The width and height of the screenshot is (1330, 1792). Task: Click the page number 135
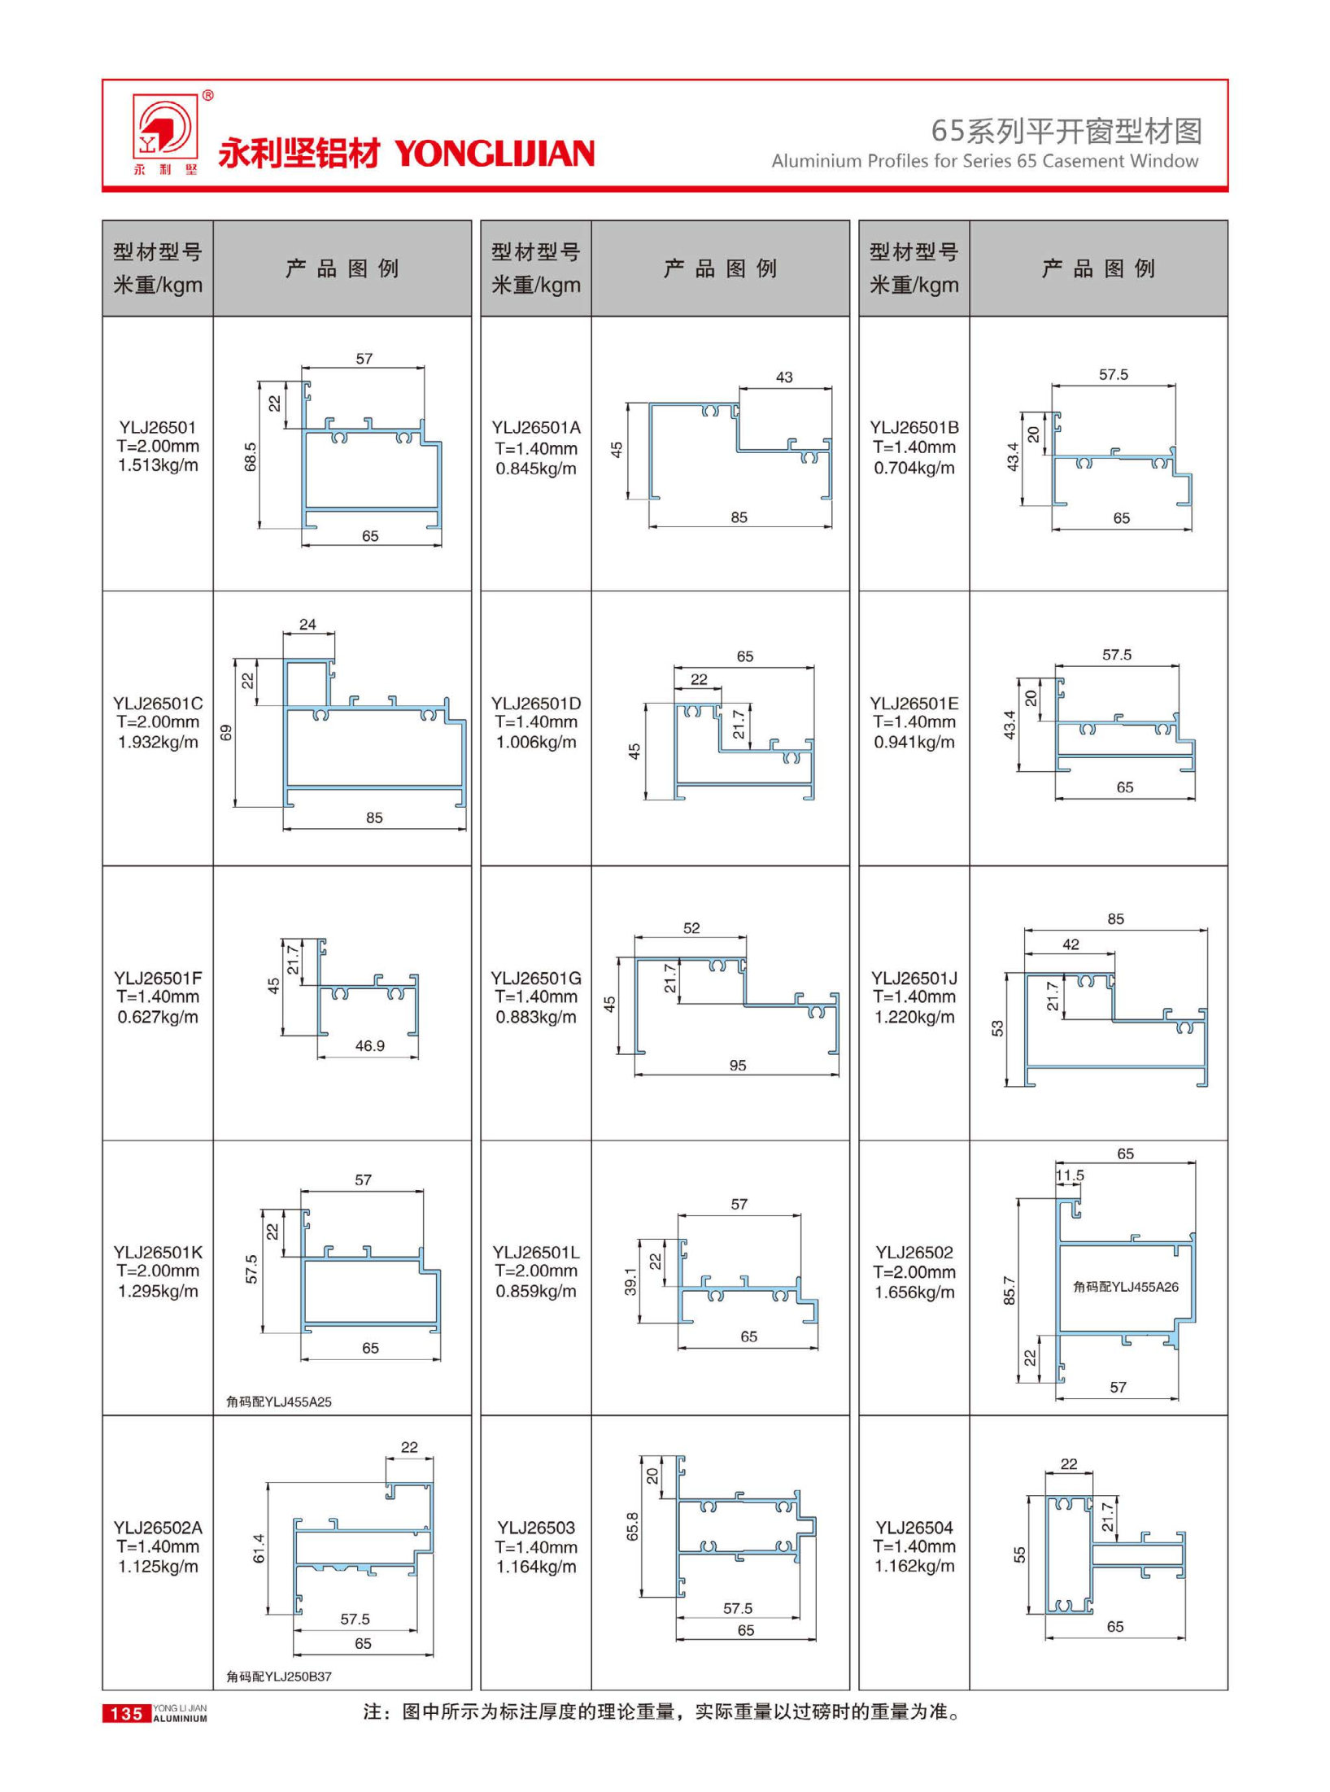(x=126, y=1713)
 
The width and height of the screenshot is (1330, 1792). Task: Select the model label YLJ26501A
(x=535, y=428)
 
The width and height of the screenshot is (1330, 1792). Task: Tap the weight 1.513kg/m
(x=158, y=465)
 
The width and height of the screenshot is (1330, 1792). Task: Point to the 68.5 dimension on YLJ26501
(x=251, y=456)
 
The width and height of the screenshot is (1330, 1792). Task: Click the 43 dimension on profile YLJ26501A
(x=783, y=377)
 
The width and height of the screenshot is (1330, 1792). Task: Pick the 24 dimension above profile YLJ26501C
(x=307, y=625)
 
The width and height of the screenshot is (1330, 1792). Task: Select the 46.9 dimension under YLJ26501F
(x=369, y=1046)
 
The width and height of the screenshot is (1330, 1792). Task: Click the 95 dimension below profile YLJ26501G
(x=737, y=1066)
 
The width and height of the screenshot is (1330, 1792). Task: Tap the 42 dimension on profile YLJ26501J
(x=1071, y=944)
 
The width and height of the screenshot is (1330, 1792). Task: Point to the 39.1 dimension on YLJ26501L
(x=630, y=1281)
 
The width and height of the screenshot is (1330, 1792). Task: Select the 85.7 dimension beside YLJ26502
(x=1009, y=1291)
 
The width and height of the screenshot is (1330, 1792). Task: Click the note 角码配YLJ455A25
(x=279, y=1402)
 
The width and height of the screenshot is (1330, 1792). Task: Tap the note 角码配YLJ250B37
(x=279, y=1676)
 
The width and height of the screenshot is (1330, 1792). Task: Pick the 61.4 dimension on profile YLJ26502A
(x=259, y=1548)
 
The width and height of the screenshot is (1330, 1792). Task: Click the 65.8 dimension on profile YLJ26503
(x=633, y=1527)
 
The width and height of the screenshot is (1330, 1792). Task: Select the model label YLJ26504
(x=914, y=1528)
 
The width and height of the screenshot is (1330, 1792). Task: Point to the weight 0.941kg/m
(x=914, y=742)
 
